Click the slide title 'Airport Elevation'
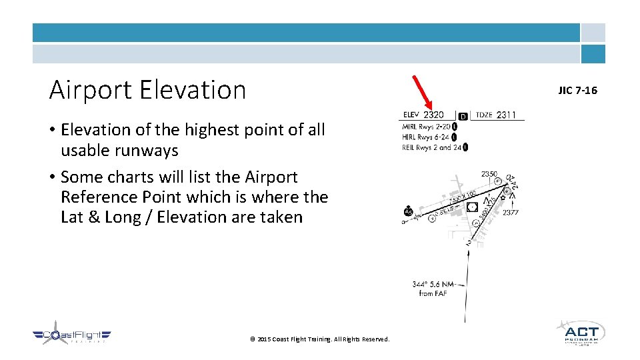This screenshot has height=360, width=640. pyautogui.click(x=147, y=89)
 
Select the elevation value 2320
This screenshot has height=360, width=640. pyautogui.click(x=433, y=115)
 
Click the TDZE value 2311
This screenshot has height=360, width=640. pyautogui.click(x=506, y=115)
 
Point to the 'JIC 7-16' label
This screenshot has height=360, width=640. pyautogui.click(x=577, y=90)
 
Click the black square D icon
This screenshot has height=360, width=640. pyautogui.click(x=463, y=116)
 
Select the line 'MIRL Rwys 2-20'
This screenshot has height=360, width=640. pyautogui.click(x=426, y=127)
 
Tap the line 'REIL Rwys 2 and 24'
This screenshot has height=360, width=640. pyautogui.click(x=431, y=147)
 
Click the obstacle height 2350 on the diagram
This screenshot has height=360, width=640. pyautogui.click(x=489, y=174)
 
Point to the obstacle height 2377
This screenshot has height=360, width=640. pyautogui.click(x=511, y=213)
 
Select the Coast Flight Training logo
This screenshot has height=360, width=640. pyautogui.click(x=72, y=336)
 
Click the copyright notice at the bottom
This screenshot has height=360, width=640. pyautogui.click(x=319, y=339)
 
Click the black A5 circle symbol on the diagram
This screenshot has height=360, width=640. pyautogui.click(x=408, y=212)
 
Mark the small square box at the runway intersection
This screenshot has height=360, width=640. pyautogui.click(x=472, y=207)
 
